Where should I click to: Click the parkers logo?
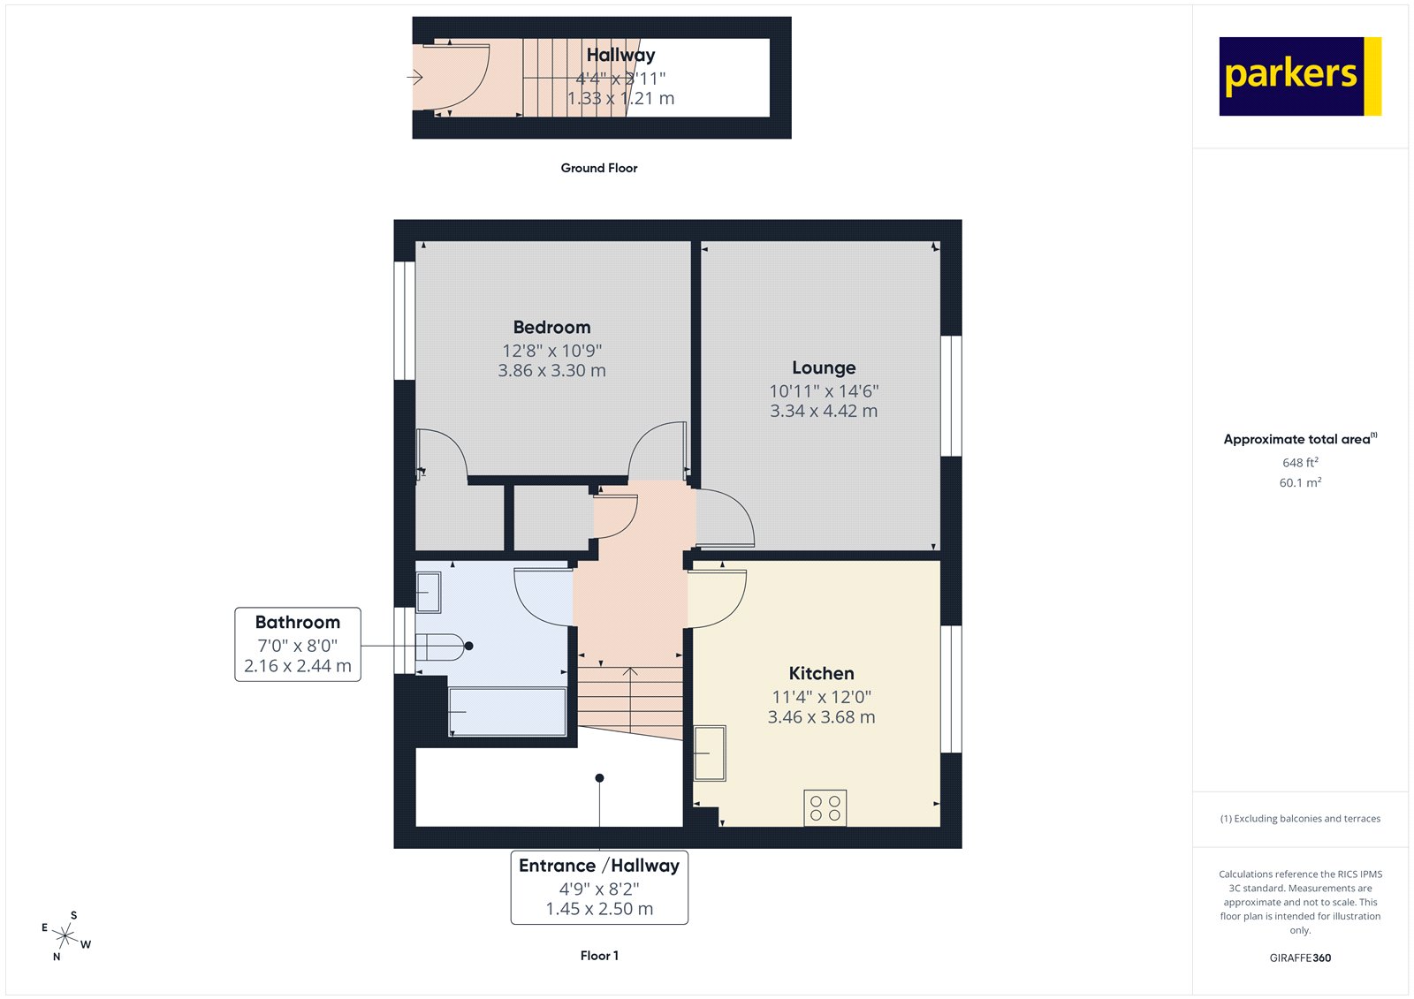1299,76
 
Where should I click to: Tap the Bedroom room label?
551,327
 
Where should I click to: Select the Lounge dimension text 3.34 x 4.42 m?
823,411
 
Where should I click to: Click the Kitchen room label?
821,673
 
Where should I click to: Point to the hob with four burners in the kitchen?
825,808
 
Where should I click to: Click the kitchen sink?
710,753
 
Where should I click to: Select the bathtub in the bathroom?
507,712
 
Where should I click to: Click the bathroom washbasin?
429,592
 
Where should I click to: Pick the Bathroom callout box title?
297,622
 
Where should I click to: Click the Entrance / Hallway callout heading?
598,866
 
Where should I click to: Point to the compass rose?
65,935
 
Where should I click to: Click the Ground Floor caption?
598,168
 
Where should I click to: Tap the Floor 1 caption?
599,956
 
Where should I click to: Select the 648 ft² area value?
1300,463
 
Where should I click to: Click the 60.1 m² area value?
1300,483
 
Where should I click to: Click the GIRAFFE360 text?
1300,957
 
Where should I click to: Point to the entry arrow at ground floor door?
414,78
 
